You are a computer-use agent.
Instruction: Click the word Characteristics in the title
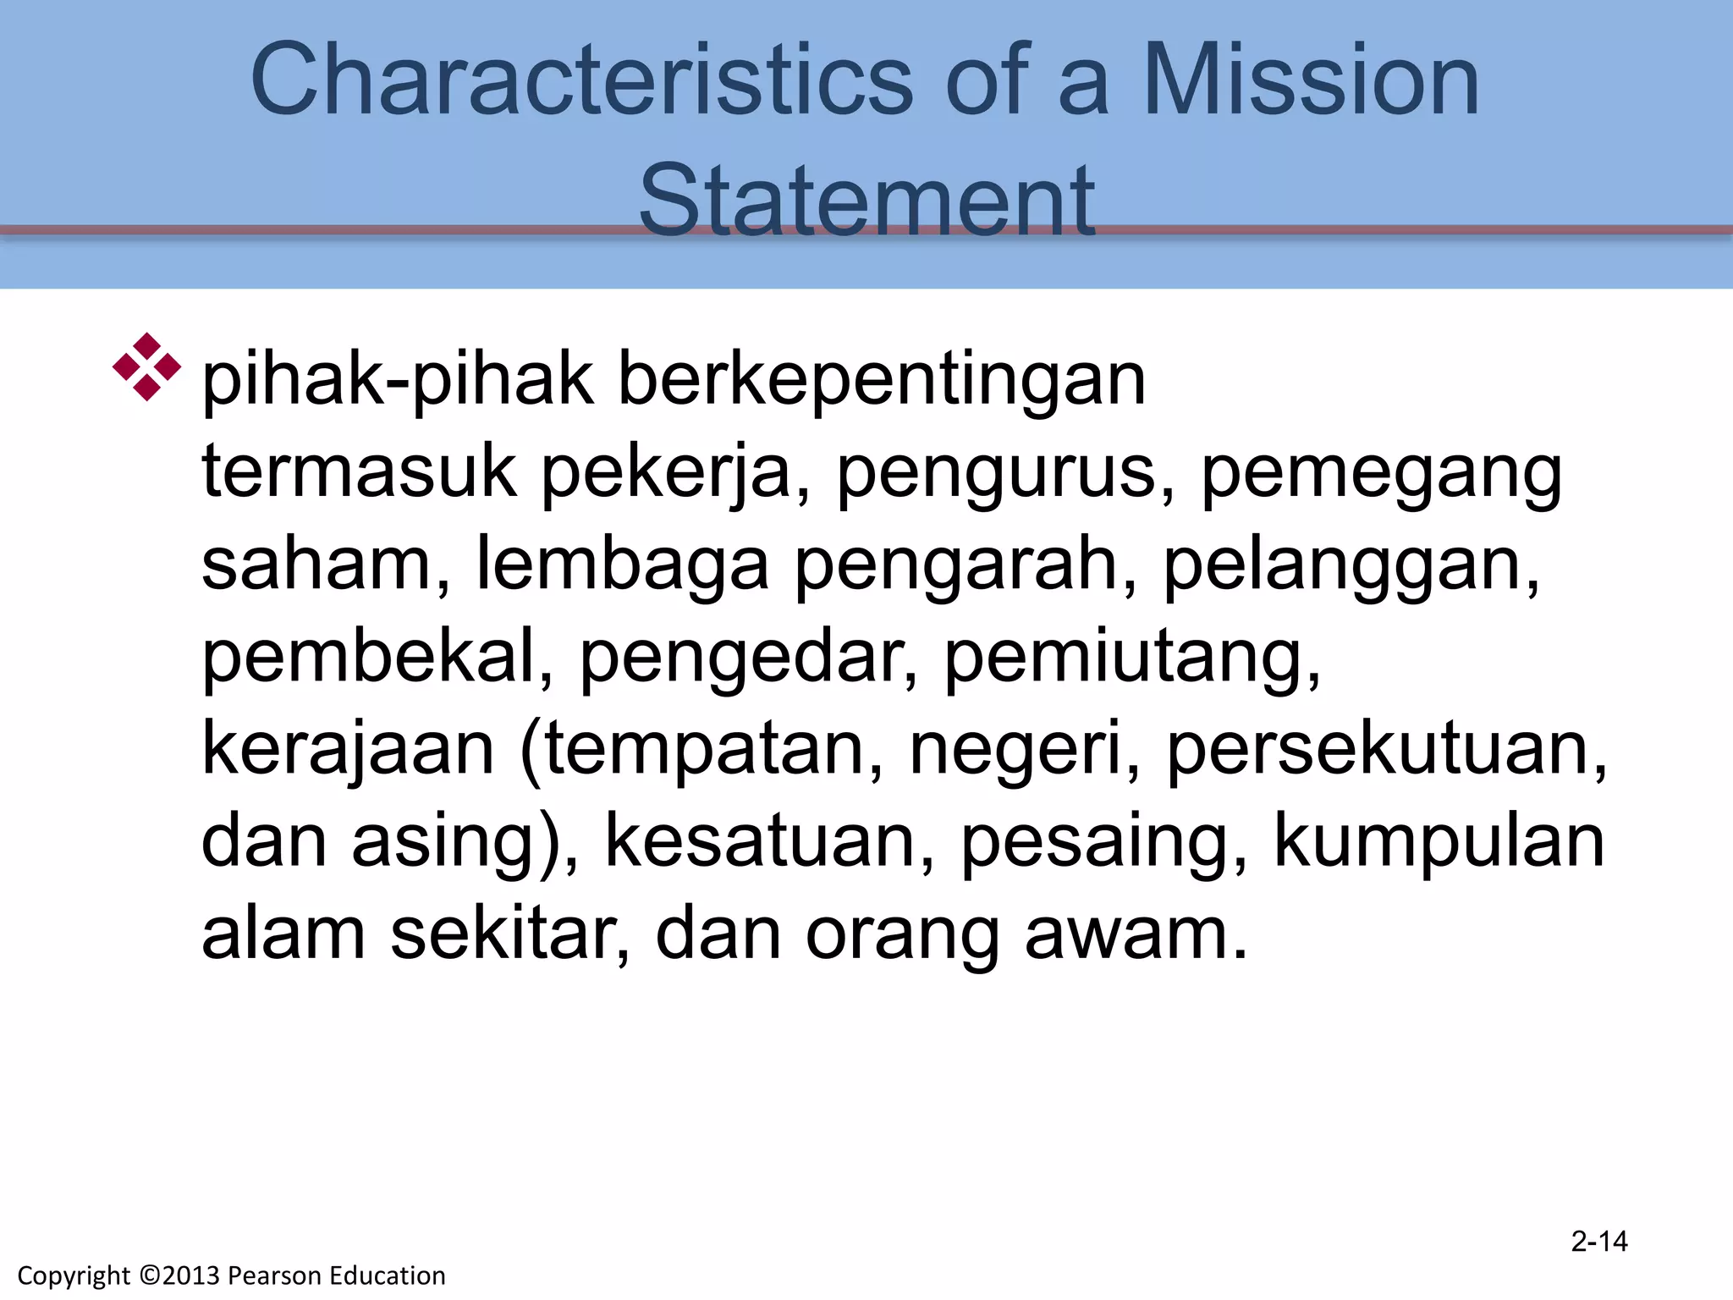[x=581, y=80]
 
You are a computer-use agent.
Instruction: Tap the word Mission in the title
[x=1311, y=80]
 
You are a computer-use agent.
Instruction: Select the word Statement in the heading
[x=866, y=201]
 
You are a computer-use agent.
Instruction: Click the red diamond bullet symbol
[x=147, y=366]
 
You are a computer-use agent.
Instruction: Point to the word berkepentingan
[x=882, y=380]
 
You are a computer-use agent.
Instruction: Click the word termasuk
[x=359, y=471]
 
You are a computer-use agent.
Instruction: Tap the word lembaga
[x=623, y=565]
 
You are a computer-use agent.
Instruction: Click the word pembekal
[x=377, y=657]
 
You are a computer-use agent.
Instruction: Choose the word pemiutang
[x=1132, y=658]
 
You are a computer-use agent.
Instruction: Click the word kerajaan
[x=348, y=750]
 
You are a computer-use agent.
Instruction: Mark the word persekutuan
[x=1387, y=750]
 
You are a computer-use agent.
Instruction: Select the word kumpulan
[x=1439, y=843]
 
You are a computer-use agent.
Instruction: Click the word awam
[x=1136, y=934]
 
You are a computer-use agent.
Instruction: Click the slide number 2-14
[x=1599, y=1242]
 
